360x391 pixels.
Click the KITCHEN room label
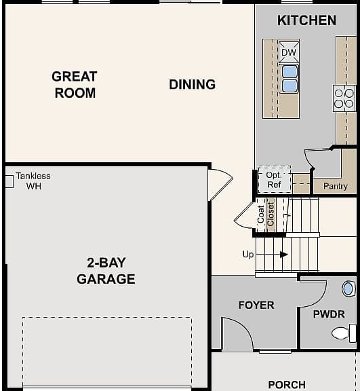[306, 20]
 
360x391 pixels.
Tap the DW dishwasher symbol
[289, 52]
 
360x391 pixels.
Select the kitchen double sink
[289, 79]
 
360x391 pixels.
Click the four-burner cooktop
[344, 98]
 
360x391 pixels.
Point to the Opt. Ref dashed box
[275, 180]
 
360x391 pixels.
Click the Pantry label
[336, 186]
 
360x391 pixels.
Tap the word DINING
[192, 85]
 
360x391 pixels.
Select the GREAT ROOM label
[75, 85]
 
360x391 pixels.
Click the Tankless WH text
[33, 181]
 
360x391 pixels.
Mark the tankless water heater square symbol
[9, 181]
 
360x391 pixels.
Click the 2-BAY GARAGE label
[106, 271]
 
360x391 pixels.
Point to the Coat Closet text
[266, 214]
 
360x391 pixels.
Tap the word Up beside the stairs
[248, 255]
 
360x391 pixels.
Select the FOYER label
[256, 305]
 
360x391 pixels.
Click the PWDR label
[329, 314]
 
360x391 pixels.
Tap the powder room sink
[348, 288]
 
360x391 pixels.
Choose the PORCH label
[287, 384]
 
